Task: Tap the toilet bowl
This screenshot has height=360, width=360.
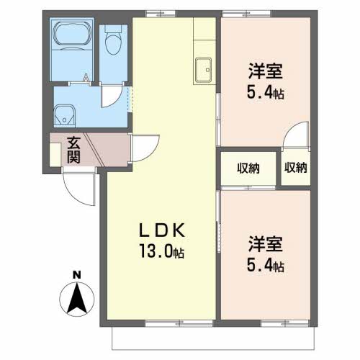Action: click(113, 41)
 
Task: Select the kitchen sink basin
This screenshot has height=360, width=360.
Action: click(203, 70)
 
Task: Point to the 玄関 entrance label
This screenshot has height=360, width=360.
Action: click(73, 150)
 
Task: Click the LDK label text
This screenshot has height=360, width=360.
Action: click(162, 230)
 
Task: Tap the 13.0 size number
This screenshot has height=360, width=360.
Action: click(156, 251)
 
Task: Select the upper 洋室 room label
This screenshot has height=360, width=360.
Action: click(266, 71)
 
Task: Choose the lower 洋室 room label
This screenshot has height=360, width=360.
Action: click(266, 244)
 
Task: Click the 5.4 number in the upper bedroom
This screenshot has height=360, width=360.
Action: click(260, 92)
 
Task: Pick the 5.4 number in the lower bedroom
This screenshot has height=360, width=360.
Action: click(260, 265)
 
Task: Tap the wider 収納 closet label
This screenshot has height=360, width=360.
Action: click(248, 168)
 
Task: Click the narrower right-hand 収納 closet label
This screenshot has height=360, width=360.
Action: click(296, 167)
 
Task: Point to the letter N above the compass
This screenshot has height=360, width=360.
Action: click(76, 275)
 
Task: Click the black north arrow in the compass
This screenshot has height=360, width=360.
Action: click(77, 299)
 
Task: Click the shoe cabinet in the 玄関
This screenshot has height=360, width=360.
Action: click(55, 154)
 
